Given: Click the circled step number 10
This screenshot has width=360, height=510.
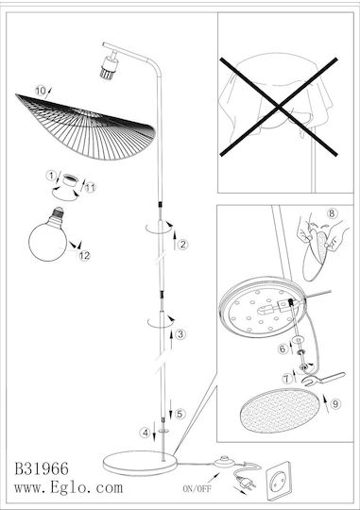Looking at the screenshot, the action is tap(41, 91).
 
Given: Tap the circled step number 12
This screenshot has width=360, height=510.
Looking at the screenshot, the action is tap(84, 256).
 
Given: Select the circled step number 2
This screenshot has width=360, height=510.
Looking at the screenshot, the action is tap(183, 245).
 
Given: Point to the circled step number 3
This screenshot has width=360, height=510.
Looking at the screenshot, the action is tap(180, 334).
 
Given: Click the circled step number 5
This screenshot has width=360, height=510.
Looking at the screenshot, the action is tap(180, 414).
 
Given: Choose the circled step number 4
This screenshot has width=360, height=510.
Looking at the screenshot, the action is tap(146, 433).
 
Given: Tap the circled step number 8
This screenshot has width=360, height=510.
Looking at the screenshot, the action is tap(332, 213).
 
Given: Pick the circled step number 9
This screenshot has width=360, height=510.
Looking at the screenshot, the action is tap(335, 404).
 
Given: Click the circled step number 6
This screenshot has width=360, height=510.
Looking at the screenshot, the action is tap(283, 349).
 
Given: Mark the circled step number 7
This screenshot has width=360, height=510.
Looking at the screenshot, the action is tap(286, 379).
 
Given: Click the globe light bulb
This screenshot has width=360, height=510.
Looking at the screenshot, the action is tap(48, 234).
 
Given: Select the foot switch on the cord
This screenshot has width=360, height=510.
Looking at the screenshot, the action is tap(224, 462).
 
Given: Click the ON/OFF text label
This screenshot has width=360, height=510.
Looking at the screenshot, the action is tap(197, 488).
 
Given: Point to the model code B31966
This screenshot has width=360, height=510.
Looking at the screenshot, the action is tap(42, 468).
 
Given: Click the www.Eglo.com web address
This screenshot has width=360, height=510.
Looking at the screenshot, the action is tap(69, 487).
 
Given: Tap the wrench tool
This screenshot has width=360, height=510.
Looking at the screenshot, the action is tap(323, 379).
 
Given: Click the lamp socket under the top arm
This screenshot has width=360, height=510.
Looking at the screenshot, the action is tap(109, 67).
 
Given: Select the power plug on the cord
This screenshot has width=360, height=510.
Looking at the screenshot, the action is tap(246, 482).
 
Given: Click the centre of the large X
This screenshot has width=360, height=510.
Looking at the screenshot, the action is tap(279, 107).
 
